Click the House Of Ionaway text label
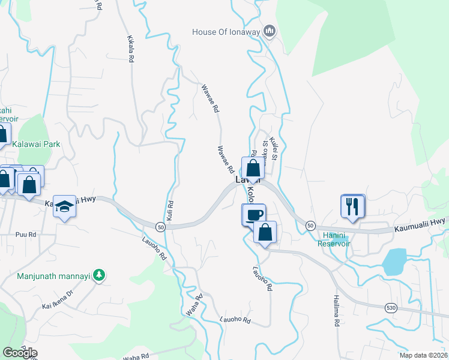[x=226, y=31]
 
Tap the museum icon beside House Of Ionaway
[x=270, y=31]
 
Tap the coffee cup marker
[x=253, y=215]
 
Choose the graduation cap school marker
[x=65, y=206]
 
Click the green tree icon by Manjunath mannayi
[x=99, y=276]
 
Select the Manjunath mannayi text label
[x=53, y=276]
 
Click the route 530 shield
[x=391, y=307]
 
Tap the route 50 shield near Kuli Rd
[x=160, y=226]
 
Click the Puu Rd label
[x=26, y=235]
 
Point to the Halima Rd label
[x=337, y=311]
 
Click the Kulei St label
[x=275, y=148]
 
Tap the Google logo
[x=20, y=353]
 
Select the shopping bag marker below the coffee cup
[x=265, y=232]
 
